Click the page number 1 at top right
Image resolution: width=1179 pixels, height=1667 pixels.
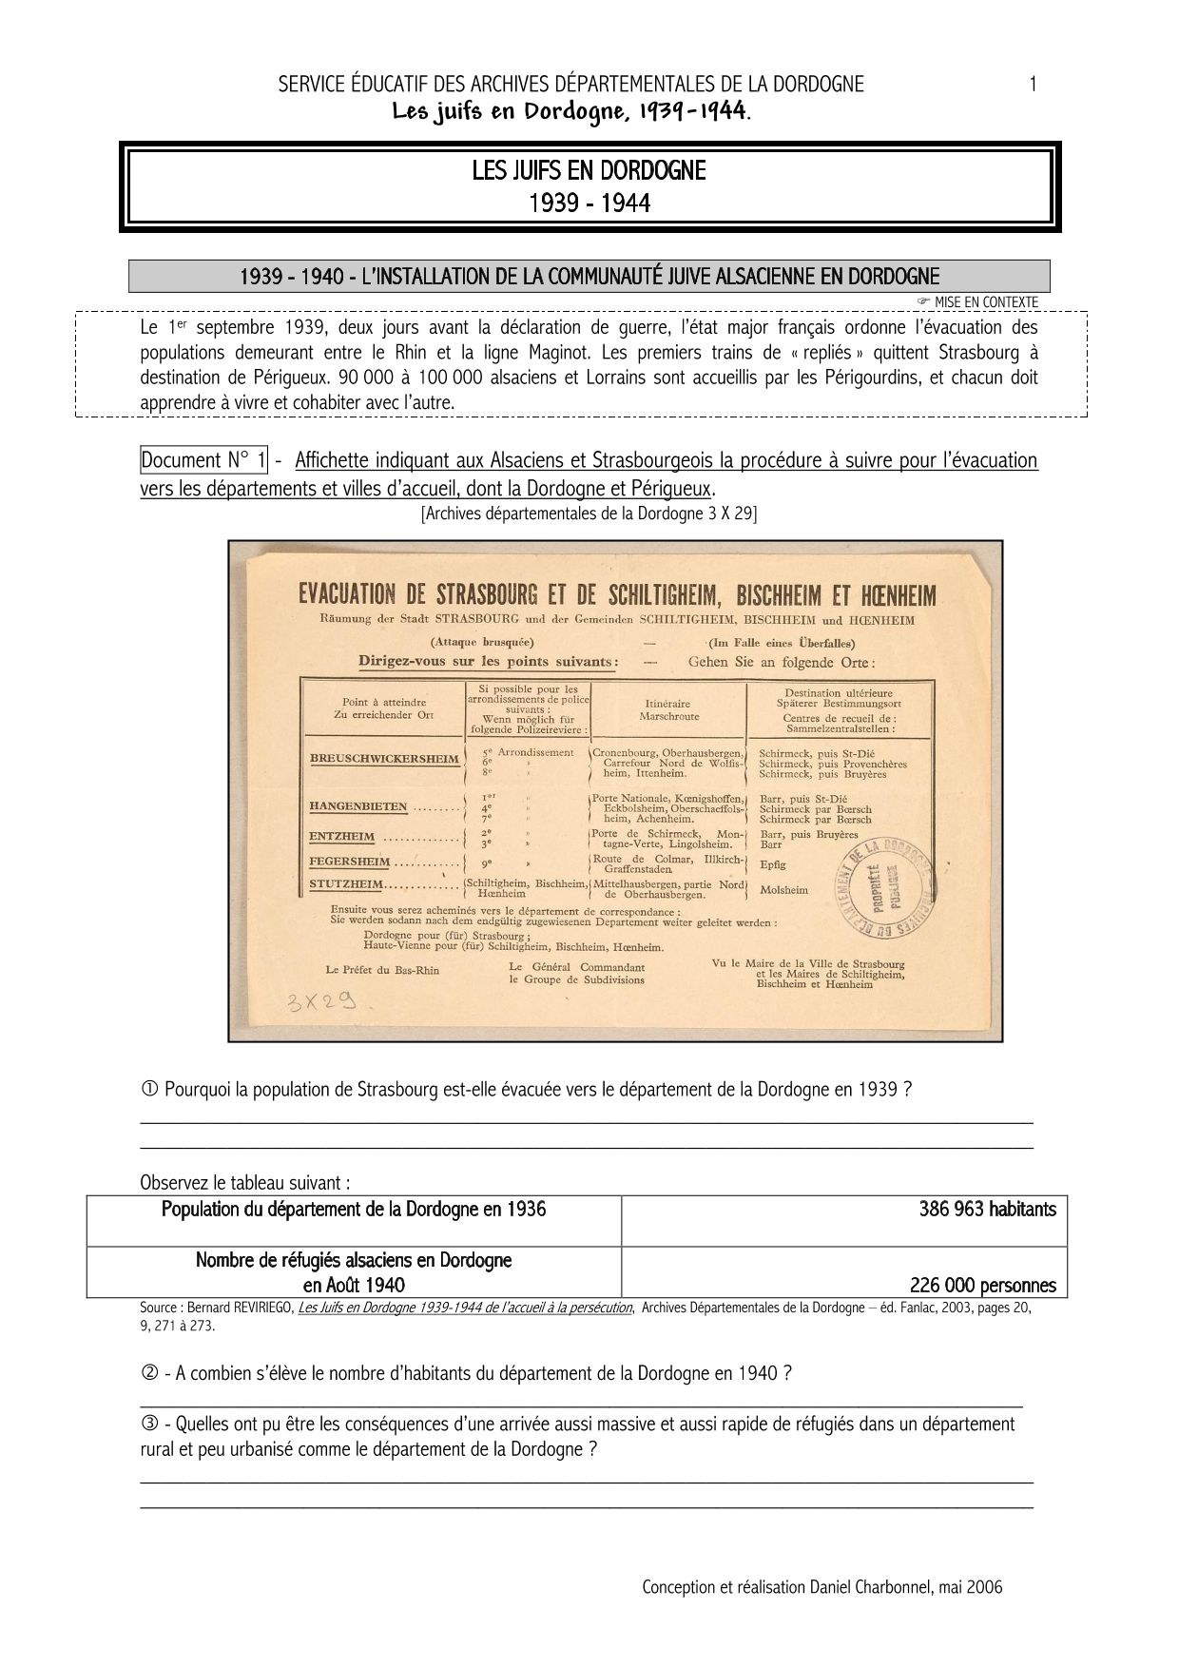[x=1033, y=84]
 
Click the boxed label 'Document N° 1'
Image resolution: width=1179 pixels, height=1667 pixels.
[x=204, y=460]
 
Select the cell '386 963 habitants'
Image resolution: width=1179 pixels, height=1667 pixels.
[x=987, y=1210]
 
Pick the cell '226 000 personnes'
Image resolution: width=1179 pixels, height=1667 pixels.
[x=982, y=1286]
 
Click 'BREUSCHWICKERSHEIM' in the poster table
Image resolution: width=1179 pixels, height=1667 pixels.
[x=384, y=760]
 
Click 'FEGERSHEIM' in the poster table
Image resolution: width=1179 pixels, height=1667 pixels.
[x=350, y=862]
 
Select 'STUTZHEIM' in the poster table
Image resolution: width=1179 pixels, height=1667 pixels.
[x=346, y=884]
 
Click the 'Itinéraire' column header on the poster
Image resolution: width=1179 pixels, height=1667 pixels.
[x=668, y=705]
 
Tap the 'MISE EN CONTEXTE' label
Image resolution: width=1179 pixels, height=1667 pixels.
[x=985, y=302]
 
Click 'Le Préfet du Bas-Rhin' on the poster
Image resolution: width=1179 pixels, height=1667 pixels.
[x=382, y=970]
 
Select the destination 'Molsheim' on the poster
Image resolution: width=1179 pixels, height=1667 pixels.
[x=783, y=890]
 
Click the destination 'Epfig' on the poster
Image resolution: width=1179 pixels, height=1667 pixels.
[x=772, y=865]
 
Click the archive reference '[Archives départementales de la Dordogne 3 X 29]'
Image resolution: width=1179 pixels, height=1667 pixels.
[x=589, y=514]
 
